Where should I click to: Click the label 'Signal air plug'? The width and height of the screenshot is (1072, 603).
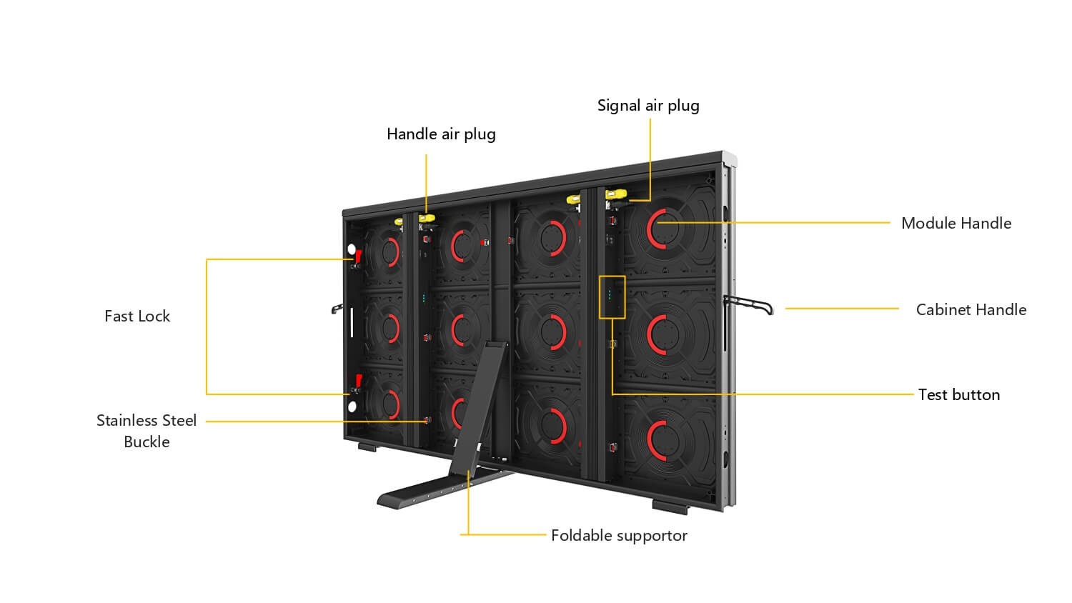click(x=648, y=106)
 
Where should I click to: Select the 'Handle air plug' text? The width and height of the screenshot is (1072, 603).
click(x=441, y=134)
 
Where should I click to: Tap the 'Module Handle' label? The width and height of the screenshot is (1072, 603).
click(x=956, y=223)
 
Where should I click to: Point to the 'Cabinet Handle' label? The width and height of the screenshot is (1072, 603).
click(x=971, y=309)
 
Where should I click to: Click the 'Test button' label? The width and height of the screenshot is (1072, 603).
click(x=959, y=395)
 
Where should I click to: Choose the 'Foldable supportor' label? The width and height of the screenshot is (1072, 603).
click(x=619, y=536)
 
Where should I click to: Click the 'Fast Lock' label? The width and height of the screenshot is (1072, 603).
click(x=137, y=317)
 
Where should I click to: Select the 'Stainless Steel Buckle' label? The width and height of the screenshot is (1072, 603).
click(x=147, y=431)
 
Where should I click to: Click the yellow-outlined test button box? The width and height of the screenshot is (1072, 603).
click(x=612, y=297)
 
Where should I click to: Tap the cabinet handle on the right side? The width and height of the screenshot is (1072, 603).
click(x=748, y=305)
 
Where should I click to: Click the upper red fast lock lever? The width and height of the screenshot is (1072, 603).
click(x=358, y=256)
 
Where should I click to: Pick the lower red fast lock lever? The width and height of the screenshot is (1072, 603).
click(x=358, y=381)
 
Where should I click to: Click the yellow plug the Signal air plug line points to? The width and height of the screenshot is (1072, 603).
click(x=616, y=194)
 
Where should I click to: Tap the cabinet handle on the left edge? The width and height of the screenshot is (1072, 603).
click(x=337, y=309)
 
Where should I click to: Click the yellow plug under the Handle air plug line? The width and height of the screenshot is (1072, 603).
click(x=427, y=219)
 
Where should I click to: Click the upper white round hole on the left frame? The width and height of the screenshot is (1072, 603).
click(x=352, y=249)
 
